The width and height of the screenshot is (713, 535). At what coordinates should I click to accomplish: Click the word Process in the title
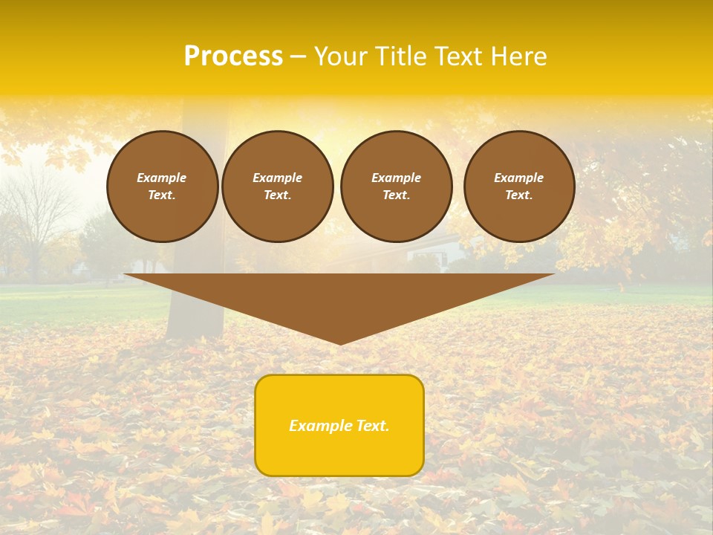coord(233,56)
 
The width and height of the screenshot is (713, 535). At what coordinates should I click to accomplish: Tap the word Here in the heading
coord(518,56)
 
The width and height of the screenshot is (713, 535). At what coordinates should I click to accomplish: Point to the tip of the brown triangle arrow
coord(340,343)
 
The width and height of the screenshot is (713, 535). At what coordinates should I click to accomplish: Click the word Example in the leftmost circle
coord(162,178)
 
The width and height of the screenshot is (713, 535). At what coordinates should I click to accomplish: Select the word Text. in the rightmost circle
coord(518,195)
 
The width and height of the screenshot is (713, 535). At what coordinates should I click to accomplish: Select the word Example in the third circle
coord(396,178)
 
